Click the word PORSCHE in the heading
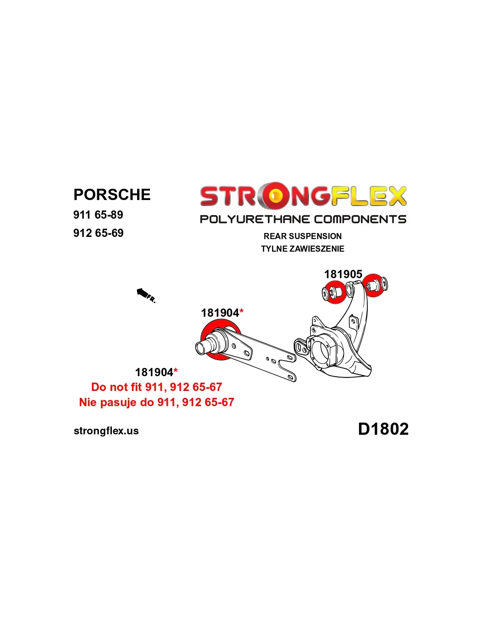pyautogui.click(x=112, y=194)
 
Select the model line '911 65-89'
pyautogui.click(x=98, y=215)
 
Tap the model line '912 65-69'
pyautogui.click(x=98, y=233)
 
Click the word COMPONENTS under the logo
pyautogui.click(x=360, y=219)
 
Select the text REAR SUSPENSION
pyautogui.click(x=303, y=236)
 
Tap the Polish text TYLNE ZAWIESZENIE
pyautogui.click(x=303, y=249)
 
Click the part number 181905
pyautogui.click(x=343, y=274)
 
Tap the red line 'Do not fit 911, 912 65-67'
pyautogui.click(x=157, y=387)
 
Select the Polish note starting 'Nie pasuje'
pyautogui.click(x=157, y=402)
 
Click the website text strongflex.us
pyautogui.click(x=106, y=431)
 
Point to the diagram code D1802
pyautogui.click(x=383, y=429)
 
